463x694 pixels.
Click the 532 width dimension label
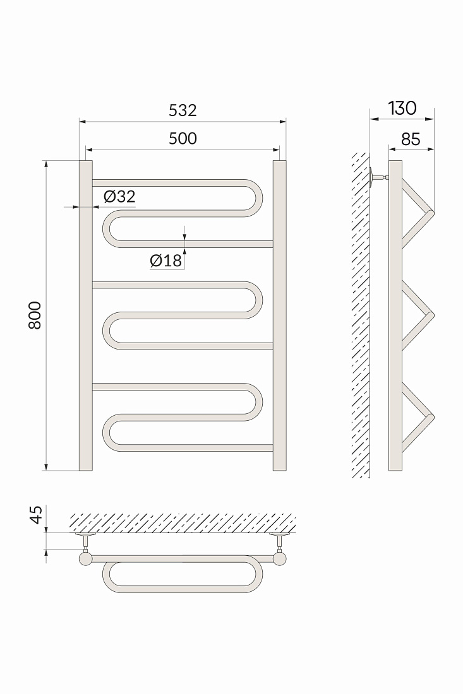[183, 110]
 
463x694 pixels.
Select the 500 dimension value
[183, 139]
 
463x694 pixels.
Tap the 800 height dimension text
[35, 315]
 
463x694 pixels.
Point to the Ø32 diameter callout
[119, 196]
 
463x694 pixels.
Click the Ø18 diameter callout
[166, 261]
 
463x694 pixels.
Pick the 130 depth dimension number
[402, 108]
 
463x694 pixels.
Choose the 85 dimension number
[411, 139]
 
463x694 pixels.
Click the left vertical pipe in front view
[86, 315]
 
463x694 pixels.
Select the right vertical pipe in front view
[280, 315]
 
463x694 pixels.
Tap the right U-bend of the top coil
[258, 198]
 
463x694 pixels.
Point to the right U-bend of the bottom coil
[258, 402]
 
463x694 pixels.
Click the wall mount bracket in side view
[376, 178]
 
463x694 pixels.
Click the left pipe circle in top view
[86, 559]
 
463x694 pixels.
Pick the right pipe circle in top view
[280, 559]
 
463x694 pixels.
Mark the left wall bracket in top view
[86, 542]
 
